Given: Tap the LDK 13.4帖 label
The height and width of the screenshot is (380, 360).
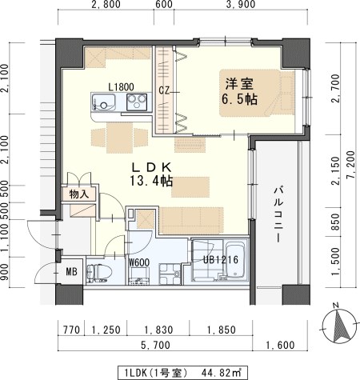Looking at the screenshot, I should click(153, 174).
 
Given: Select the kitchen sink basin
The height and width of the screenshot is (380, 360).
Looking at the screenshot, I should click(103, 102).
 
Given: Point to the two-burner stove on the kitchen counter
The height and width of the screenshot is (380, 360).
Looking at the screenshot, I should click(134, 102).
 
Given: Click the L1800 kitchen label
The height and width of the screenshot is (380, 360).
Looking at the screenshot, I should click(121, 86).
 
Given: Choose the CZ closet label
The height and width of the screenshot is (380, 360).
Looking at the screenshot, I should click(163, 90).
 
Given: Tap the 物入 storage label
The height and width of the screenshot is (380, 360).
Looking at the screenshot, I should click(78, 194).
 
